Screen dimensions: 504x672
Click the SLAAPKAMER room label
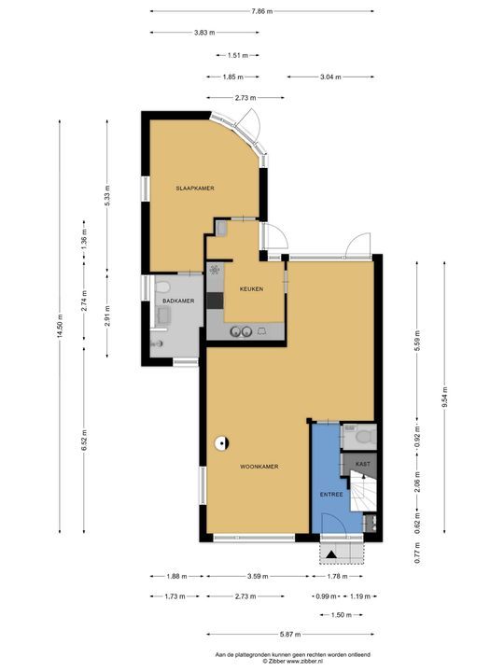195,189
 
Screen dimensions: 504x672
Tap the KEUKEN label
252,288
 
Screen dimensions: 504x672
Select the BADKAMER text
178,301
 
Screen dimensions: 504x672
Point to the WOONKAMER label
259,467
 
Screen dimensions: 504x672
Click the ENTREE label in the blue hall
331,494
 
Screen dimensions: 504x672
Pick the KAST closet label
363,464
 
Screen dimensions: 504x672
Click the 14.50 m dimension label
60,326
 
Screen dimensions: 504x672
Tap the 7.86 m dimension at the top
262,11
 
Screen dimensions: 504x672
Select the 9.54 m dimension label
444,398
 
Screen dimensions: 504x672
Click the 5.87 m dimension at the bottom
290,635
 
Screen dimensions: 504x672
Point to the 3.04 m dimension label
330,77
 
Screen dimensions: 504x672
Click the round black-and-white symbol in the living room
221,443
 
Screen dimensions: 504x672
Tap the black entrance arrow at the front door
331,554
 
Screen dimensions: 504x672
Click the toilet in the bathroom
162,287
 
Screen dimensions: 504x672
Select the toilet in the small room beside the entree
364,437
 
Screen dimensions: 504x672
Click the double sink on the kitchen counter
241,331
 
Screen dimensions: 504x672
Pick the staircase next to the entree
363,491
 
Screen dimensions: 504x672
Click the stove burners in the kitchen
216,270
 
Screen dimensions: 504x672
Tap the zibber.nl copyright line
293,662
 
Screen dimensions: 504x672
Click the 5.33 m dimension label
107,195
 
